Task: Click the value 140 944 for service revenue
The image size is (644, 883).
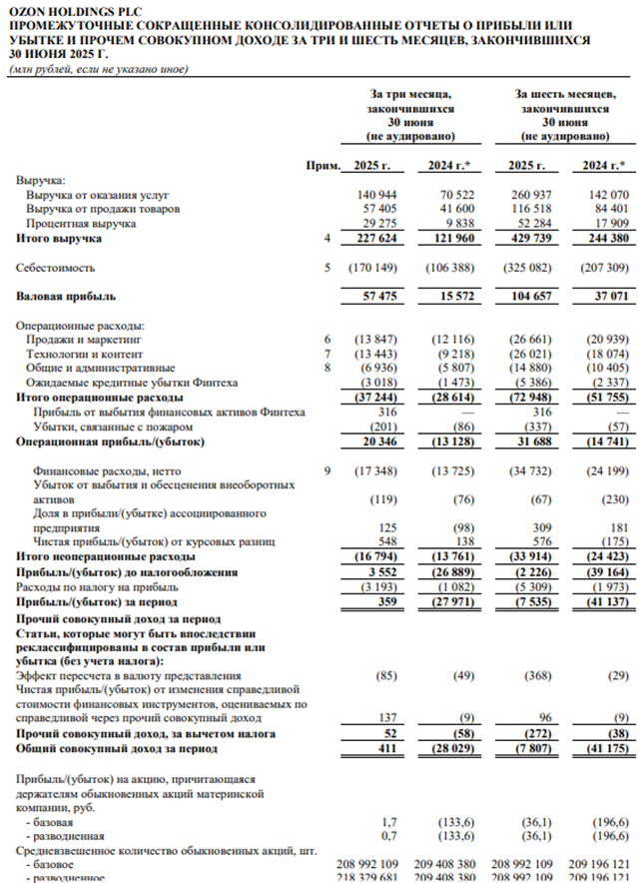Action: pos(377,195)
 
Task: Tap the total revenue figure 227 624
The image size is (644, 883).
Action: pos(377,240)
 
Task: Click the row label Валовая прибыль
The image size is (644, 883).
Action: pos(66,297)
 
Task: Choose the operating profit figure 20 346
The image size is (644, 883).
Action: pos(377,441)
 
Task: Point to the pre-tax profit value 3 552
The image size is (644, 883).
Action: pos(380,571)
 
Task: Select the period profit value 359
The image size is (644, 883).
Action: pos(387,601)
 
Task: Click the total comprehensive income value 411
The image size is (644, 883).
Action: pos(387,747)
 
